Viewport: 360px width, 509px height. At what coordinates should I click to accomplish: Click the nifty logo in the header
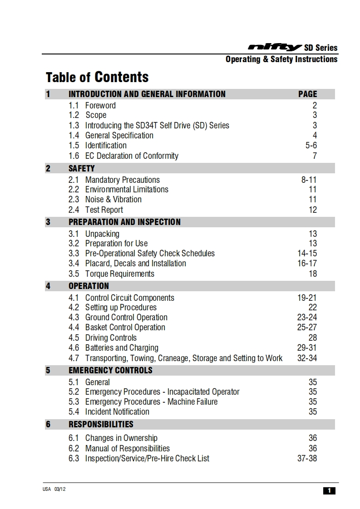[275, 47]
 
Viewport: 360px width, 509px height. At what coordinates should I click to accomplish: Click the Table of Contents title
[97, 77]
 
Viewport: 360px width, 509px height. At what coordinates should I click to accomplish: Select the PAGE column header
[307, 94]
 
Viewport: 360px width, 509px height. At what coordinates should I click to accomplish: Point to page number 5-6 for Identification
[311, 146]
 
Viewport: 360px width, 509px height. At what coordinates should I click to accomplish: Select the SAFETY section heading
[82, 168]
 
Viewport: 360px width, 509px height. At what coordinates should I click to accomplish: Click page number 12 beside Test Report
[312, 210]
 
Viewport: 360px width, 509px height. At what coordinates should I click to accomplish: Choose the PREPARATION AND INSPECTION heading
[124, 222]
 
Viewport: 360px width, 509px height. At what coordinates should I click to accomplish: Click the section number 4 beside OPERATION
[48, 286]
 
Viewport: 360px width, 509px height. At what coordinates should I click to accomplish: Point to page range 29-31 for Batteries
[307, 348]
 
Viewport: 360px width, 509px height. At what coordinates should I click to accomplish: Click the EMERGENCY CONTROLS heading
[110, 370]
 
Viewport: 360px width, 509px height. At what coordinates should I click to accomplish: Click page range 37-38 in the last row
[307, 458]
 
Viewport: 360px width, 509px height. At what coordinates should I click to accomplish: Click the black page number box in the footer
[329, 490]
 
